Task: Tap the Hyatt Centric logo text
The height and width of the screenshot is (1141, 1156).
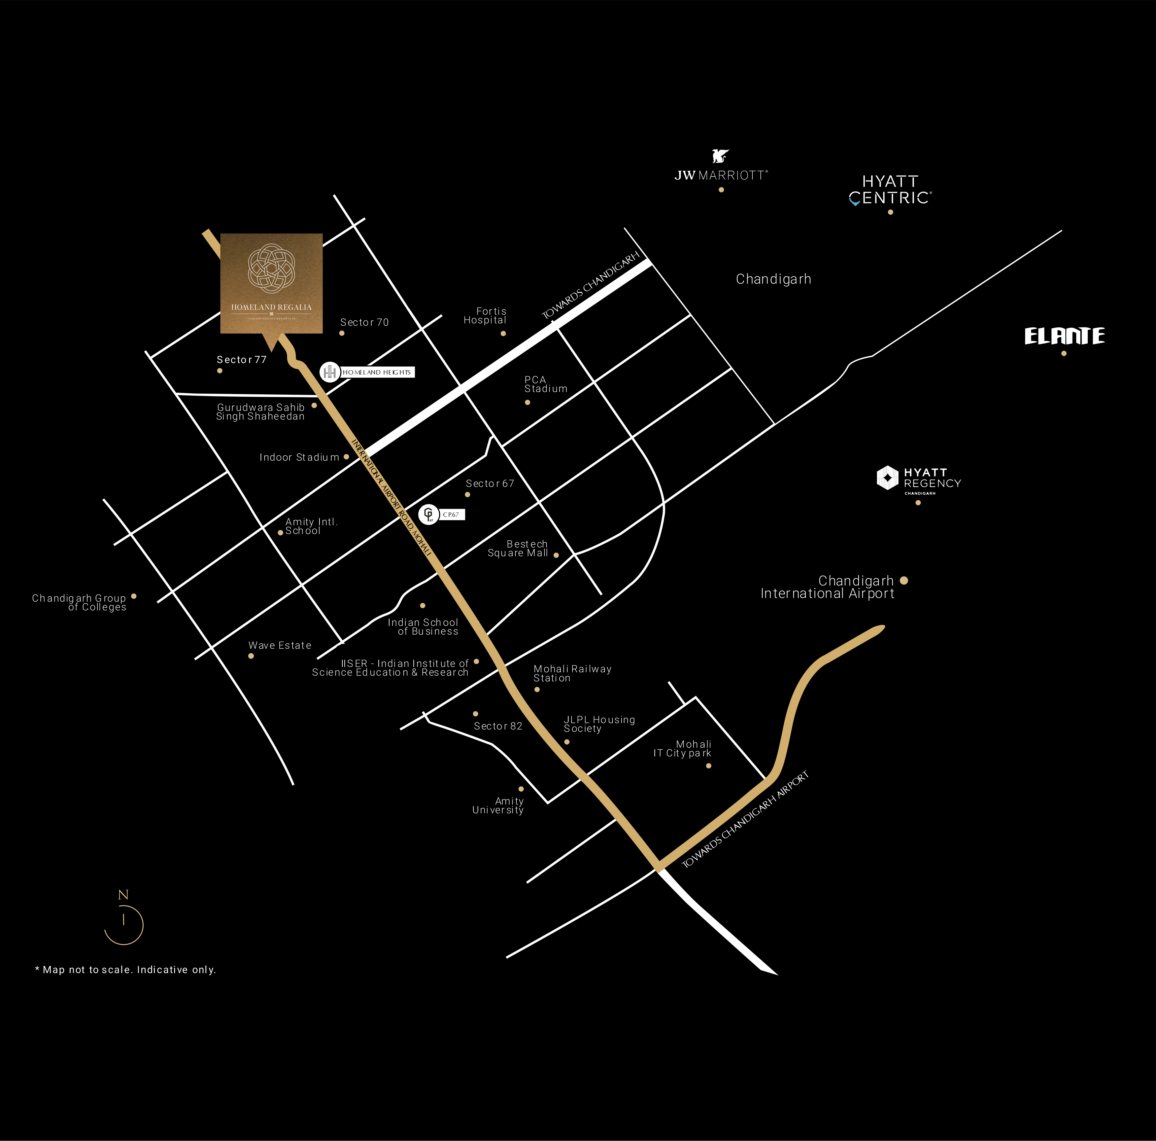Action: pos(890,189)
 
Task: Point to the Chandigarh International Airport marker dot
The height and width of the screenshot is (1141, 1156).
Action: pos(904,580)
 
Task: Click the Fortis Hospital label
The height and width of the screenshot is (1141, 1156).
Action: pos(485,316)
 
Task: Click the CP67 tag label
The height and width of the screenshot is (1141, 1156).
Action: pos(451,514)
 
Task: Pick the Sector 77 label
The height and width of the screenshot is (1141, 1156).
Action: pos(241,359)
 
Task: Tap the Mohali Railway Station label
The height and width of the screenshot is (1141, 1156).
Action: pos(572,673)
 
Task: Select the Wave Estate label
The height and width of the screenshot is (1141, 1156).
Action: pos(279,645)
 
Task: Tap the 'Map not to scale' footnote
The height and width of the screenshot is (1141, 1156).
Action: pos(126,969)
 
